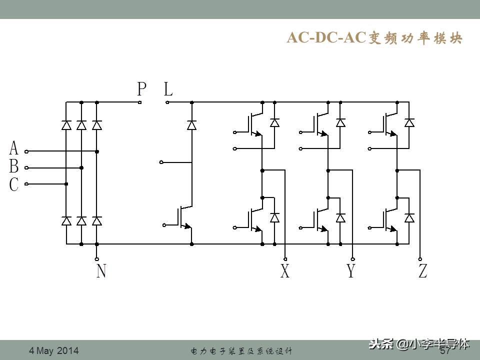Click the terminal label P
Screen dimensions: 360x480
click(x=142, y=89)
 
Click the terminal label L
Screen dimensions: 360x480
click(x=168, y=89)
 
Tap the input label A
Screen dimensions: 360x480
click(x=14, y=148)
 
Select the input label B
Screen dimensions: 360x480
click(x=14, y=166)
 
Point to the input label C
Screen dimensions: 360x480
click(x=14, y=184)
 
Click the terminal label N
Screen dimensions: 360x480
click(x=101, y=271)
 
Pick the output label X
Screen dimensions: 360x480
click(x=285, y=271)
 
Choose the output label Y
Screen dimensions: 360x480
click(x=351, y=271)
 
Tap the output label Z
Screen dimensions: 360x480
click(x=422, y=271)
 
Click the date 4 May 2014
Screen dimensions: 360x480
click(x=54, y=350)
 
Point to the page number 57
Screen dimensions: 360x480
click(x=445, y=351)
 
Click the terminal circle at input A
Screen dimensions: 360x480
click(x=26, y=151)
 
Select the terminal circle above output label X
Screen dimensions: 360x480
click(x=285, y=259)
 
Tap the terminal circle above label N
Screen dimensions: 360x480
click(x=97, y=259)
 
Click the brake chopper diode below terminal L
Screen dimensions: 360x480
click(x=191, y=124)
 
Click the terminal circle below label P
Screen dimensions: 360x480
click(x=140, y=102)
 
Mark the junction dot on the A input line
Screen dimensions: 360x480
click(x=97, y=151)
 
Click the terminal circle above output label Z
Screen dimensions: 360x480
click(x=420, y=259)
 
